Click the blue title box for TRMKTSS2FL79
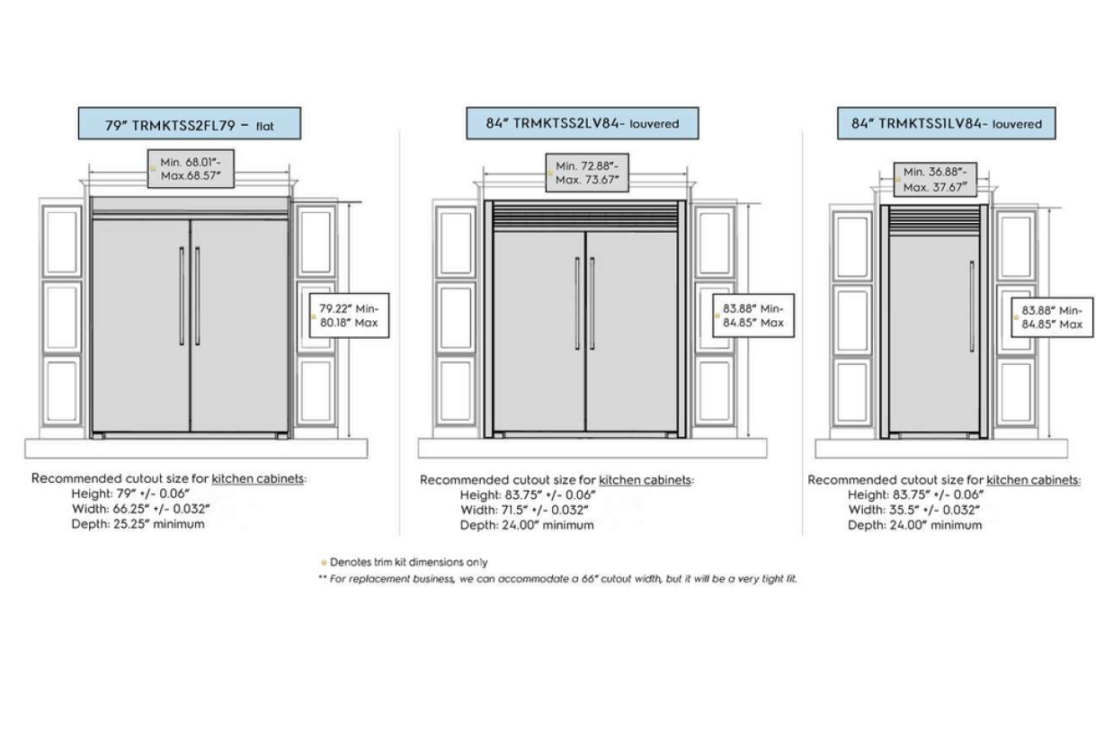coord(190,123)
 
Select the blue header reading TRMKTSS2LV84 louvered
coord(583,123)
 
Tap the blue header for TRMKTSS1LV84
coord(947,123)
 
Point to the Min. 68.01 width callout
coord(191,169)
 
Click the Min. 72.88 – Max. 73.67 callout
coord(587,173)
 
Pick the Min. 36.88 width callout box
coord(935,180)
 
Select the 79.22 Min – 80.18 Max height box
coord(349,316)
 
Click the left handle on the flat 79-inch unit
coord(182,296)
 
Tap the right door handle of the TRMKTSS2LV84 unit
coord(592,303)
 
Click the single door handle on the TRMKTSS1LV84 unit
coord(973,306)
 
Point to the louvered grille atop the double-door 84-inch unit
coord(585,216)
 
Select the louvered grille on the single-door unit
coord(935,220)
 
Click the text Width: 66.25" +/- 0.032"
coord(140,509)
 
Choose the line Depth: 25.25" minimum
coord(138,524)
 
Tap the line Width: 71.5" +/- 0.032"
coord(524,510)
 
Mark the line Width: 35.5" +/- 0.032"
coord(913,510)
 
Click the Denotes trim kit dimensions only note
coord(408,562)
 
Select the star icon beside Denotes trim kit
coord(324,563)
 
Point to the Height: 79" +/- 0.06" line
coord(130,494)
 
